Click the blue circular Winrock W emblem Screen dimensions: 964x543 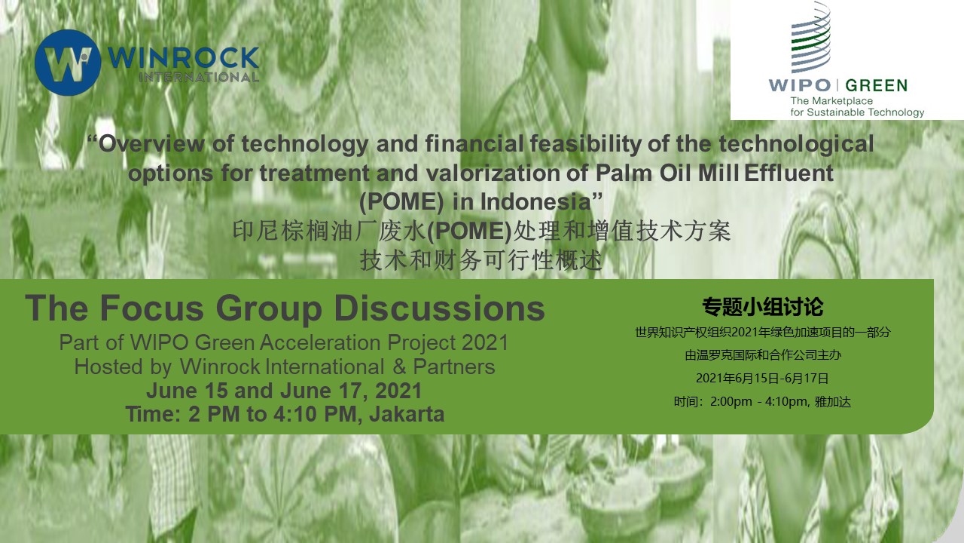(x=68, y=63)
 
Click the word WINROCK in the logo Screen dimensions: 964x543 (x=183, y=58)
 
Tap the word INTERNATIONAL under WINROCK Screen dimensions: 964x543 (x=199, y=77)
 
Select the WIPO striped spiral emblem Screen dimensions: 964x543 (x=811, y=37)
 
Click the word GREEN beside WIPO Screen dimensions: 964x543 (x=876, y=85)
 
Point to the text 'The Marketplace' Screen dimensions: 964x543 (x=831, y=101)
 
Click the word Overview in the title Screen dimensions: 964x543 (x=151, y=143)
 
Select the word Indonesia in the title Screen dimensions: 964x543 (x=535, y=201)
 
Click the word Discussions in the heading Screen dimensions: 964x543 (x=439, y=308)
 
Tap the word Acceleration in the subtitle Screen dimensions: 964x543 (x=321, y=342)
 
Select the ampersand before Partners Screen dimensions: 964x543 (x=399, y=367)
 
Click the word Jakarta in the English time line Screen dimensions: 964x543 (x=407, y=414)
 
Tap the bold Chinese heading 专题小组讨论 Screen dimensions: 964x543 (x=763, y=307)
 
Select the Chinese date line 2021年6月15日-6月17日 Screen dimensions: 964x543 (x=762, y=379)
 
